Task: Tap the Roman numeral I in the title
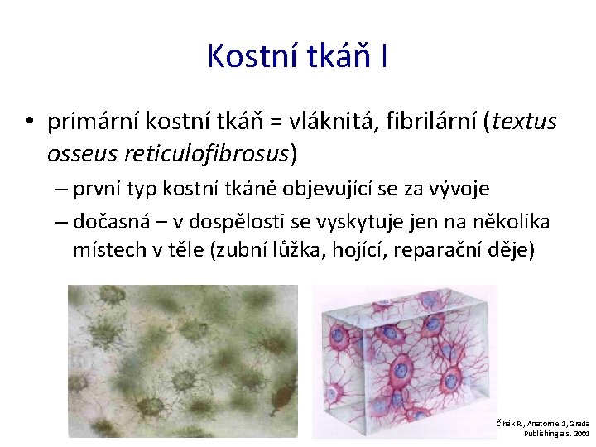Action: [x=384, y=56]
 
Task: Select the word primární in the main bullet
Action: [x=94, y=123]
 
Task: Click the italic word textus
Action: [x=526, y=123]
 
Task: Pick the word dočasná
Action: [x=109, y=221]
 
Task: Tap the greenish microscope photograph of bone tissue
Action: [x=182, y=360]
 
